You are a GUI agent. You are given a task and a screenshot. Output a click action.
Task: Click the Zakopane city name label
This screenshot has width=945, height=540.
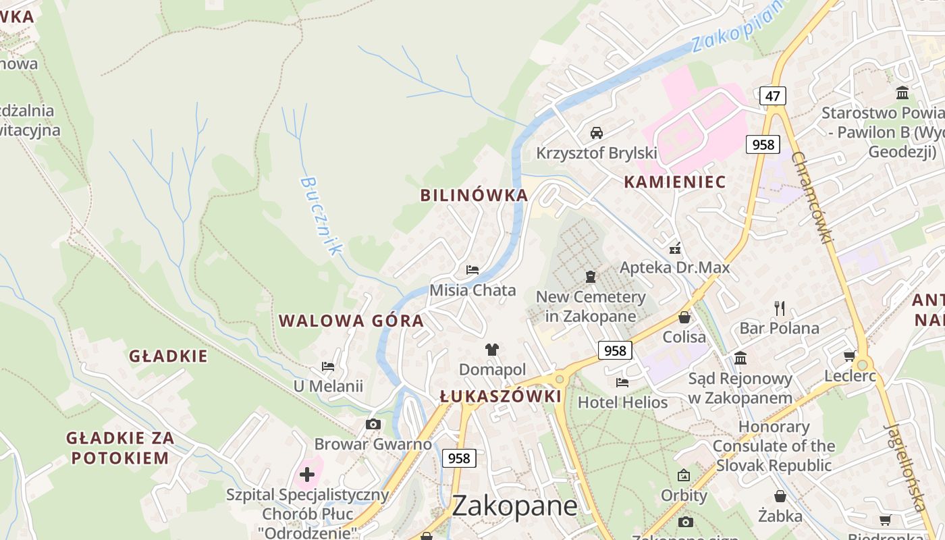coord(514,506)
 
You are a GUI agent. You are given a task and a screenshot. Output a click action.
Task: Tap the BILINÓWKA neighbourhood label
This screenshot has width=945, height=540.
coord(474,196)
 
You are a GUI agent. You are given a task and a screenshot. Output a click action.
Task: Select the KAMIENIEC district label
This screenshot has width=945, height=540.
coord(675,182)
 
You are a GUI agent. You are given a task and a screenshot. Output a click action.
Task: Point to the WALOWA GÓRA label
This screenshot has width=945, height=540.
coord(352,321)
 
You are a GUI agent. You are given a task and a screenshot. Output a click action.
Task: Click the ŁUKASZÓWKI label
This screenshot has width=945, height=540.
coord(500,396)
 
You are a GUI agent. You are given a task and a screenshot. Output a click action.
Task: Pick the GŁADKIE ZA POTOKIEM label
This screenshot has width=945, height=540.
coord(120,448)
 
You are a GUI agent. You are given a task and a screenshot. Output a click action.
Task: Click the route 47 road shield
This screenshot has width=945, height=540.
coord(772,96)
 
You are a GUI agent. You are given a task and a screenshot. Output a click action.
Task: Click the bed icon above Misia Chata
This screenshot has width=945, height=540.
coord(473,270)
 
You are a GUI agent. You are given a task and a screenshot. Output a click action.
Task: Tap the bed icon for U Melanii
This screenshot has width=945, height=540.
coord(328,367)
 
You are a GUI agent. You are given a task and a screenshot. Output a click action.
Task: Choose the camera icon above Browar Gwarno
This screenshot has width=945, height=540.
coord(373,424)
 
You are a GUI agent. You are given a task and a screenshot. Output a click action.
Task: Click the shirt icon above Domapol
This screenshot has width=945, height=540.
coord(492,349)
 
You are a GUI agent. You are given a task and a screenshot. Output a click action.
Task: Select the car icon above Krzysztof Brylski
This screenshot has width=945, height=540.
coord(597,132)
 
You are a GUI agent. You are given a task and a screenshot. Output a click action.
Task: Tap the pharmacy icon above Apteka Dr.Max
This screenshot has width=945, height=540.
coord(674,248)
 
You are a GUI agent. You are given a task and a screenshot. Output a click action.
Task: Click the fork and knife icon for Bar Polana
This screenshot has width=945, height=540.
coord(780,308)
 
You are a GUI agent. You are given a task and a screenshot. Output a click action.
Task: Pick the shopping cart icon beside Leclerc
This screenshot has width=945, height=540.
coord(849,356)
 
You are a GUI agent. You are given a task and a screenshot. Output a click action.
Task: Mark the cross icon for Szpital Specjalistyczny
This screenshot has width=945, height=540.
coord(307,475)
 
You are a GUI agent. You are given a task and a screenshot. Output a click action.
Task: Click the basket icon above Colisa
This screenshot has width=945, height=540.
coord(684,317)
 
